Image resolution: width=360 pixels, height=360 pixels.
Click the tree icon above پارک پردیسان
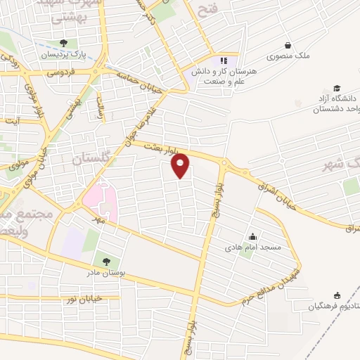tap(64, 43)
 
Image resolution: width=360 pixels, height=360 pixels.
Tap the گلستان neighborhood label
tap(91, 160)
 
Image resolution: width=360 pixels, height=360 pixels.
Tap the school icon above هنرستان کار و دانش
tap(224, 60)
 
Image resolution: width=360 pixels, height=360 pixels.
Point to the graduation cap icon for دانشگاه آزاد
tap(337, 88)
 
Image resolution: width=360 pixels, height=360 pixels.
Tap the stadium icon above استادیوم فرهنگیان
tap(336, 295)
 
